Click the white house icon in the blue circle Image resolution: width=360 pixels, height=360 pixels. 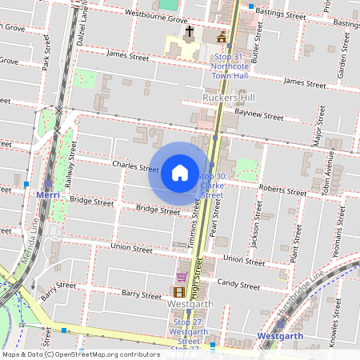pos(180,172)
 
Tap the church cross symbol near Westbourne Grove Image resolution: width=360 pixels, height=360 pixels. pos(190,33)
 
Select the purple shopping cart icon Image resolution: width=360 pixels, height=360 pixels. pos(182,277)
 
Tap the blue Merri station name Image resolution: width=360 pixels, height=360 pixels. pos(50,194)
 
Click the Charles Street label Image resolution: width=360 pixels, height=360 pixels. pos(136,168)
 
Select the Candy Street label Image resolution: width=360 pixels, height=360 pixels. pos(238,283)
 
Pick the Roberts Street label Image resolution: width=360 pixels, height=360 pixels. pos(283,191)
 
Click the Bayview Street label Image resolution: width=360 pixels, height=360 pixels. pos(260,116)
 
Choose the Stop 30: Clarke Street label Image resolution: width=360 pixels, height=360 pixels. pos(211,185)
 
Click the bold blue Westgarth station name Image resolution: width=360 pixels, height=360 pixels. pos(282,337)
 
